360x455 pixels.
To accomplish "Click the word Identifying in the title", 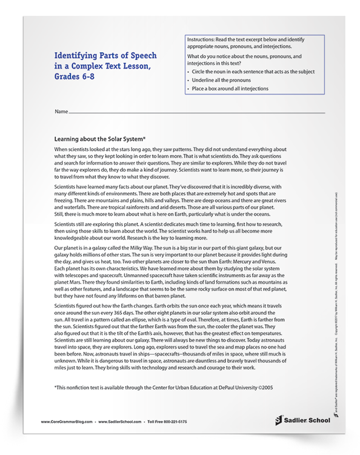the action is [70, 53].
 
